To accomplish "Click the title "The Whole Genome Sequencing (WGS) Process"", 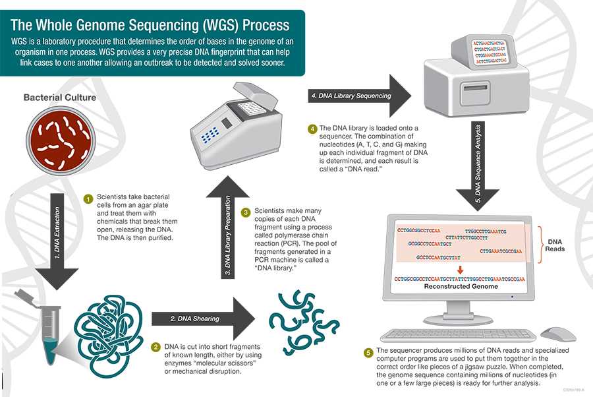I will (x=150, y=26).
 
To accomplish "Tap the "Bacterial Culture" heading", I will (x=60, y=98).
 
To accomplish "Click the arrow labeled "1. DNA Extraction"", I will (x=60, y=237).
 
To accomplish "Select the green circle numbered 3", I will (x=245, y=212).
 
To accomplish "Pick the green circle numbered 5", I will (x=368, y=351).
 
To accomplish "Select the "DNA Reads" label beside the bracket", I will (x=555, y=245).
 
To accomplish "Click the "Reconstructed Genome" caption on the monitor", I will (x=456, y=287).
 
